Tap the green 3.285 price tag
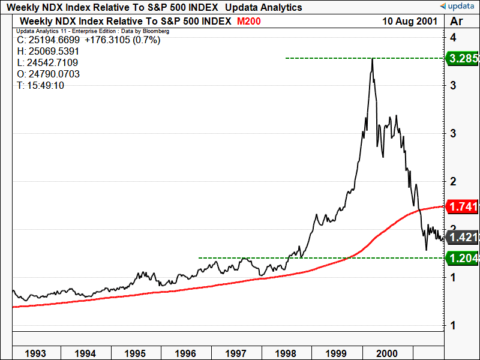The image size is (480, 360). (x=461, y=58)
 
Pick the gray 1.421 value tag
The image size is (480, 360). (x=461, y=237)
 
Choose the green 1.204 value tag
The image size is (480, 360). (x=461, y=258)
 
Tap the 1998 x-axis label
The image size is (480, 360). (x=287, y=353)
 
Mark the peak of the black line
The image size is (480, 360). (x=373, y=59)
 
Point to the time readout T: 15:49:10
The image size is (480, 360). (x=41, y=85)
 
